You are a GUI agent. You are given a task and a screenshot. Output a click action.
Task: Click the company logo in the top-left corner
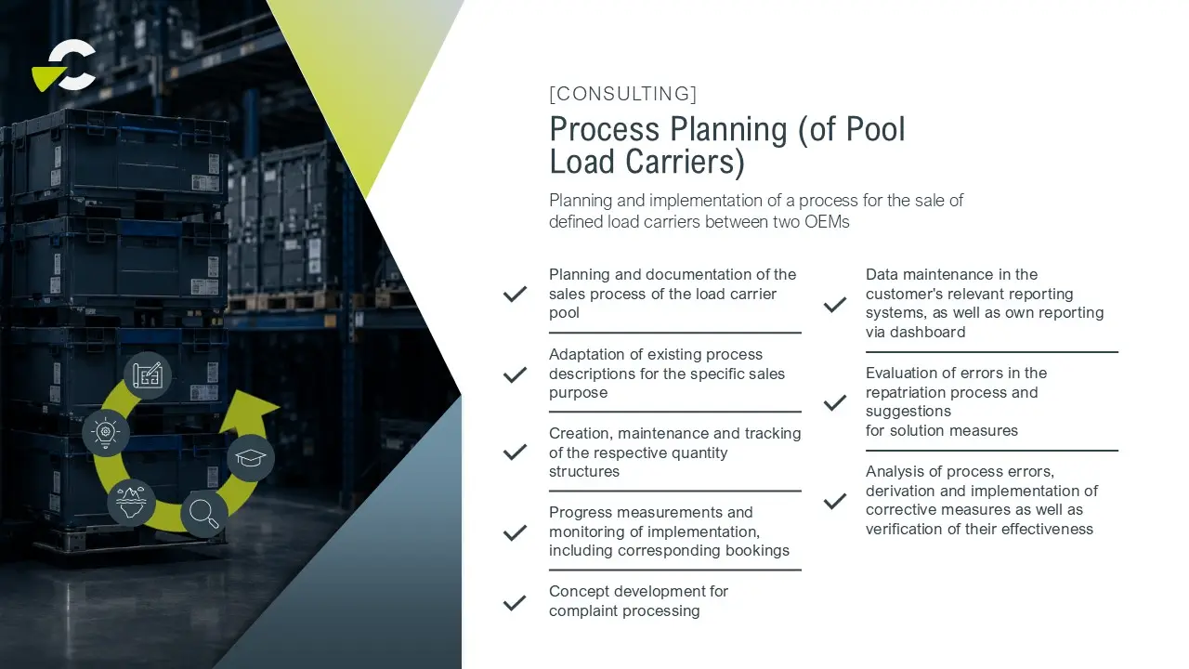point(64,65)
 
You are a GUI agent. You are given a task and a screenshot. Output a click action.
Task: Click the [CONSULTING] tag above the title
point(622,94)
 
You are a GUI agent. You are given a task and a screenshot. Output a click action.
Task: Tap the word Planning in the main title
point(728,129)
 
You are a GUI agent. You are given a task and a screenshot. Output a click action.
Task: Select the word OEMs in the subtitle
point(827,221)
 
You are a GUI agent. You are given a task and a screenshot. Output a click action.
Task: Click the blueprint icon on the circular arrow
point(148,375)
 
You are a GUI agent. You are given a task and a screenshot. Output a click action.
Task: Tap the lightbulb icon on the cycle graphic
point(106,433)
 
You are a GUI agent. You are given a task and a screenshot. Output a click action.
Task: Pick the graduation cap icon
point(251,458)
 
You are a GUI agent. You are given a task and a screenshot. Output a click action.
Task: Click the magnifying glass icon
point(204,514)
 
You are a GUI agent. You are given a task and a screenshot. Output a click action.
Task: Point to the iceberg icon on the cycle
point(131,503)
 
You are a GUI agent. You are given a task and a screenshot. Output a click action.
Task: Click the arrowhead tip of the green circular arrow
point(280,407)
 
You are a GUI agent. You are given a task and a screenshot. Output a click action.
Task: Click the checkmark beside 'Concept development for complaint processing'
point(515,603)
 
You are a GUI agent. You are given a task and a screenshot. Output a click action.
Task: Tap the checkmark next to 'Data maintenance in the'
point(835,304)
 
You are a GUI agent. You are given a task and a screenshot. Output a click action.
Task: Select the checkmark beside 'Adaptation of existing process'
point(515,374)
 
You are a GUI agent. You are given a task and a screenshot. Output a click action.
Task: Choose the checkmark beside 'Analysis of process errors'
point(835,501)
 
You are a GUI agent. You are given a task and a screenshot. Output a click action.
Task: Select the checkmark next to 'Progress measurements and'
point(515,532)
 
